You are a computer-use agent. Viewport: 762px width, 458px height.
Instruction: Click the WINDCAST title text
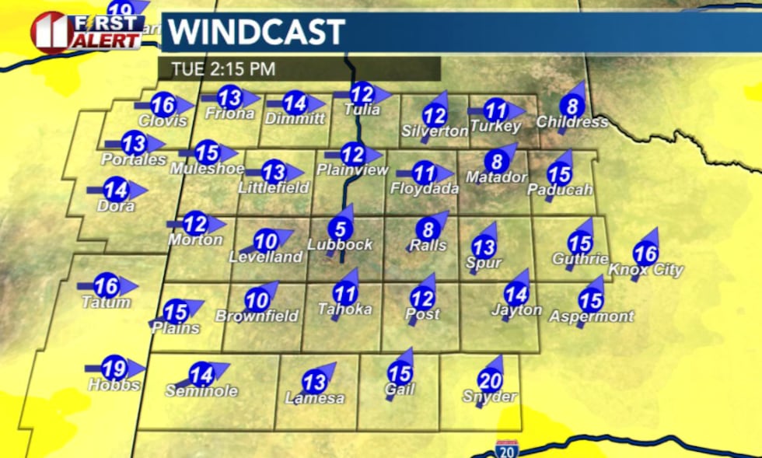[x=257, y=32]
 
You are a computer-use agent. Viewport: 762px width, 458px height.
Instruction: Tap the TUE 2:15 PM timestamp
[x=217, y=68]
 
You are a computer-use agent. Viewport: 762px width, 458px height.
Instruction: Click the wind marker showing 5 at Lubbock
[x=340, y=229]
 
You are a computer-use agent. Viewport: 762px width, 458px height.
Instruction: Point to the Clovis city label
[x=163, y=121]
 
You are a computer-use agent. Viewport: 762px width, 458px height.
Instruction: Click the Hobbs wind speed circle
[x=114, y=369]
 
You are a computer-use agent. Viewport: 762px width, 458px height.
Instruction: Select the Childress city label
[x=571, y=122]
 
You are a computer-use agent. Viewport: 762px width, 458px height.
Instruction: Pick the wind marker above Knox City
[x=645, y=253]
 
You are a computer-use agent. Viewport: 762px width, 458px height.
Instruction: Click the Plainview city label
[x=351, y=170]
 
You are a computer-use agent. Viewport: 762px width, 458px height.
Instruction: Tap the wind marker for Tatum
[x=107, y=285]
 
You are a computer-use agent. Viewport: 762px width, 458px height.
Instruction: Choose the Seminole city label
[x=201, y=391]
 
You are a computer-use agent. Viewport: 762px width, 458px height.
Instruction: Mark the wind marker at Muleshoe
[x=208, y=152]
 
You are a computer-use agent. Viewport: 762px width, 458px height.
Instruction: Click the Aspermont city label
[x=591, y=316]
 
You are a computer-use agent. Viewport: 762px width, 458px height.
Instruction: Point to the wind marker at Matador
[x=497, y=162]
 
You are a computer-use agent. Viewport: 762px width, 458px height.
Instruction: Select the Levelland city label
[x=265, y=257]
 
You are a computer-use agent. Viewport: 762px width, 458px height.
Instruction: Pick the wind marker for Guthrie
[x=580, y=243]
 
